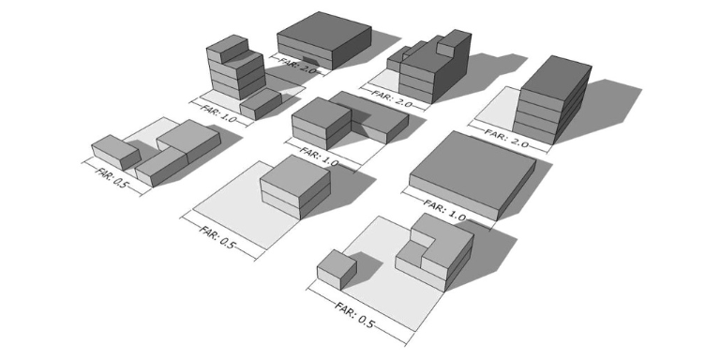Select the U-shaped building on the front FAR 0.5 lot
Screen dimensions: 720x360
434,246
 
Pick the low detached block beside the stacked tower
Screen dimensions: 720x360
262,102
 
